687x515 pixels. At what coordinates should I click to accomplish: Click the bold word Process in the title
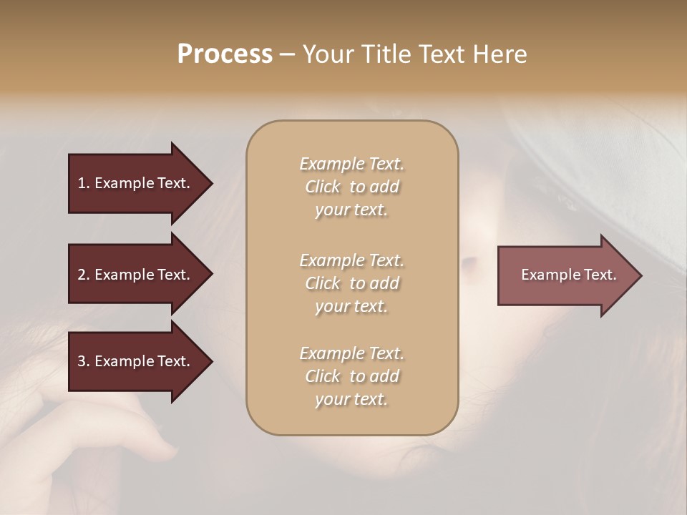[225, 54]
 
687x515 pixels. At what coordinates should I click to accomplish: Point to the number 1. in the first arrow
[84, 183]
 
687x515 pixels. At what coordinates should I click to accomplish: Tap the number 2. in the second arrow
[84, 275]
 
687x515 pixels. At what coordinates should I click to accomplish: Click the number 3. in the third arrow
[84, 361]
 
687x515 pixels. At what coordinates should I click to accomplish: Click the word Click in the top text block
[323, 187]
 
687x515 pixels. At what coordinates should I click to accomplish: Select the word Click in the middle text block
[323, 283]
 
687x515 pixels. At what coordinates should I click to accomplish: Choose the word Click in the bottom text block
[323, 376]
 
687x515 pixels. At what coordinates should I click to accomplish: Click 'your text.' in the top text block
[351, 210]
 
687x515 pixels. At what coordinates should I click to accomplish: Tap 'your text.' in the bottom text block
[351, 400]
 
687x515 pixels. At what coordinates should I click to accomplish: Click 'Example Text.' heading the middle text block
[351, 260]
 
